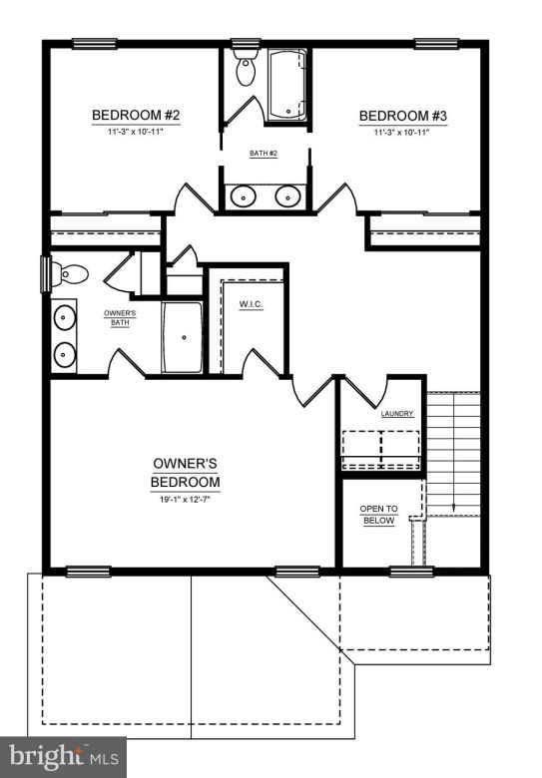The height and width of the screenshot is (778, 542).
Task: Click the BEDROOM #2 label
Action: (136, 116)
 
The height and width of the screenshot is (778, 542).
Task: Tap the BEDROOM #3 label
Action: (402, 117)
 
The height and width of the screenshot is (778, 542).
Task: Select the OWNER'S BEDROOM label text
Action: (185, 472)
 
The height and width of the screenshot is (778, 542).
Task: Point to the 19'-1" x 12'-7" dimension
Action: (185, 500)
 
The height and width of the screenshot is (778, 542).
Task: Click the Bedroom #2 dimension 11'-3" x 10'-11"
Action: (136, 133)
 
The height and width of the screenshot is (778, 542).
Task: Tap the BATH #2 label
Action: (264, 154)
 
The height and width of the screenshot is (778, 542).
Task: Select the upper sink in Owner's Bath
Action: (65, 319)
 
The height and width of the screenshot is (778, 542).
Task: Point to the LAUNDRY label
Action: (396, 413)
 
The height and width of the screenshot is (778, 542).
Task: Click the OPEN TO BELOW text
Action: (378, 515)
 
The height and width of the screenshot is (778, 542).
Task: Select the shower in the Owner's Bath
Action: (182, 337)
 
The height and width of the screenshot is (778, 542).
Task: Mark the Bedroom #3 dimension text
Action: (402, 133)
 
